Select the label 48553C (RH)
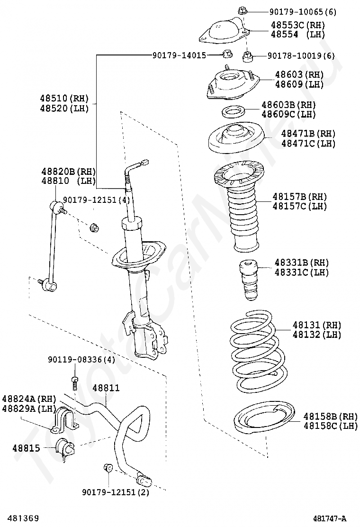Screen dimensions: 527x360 point(298,25)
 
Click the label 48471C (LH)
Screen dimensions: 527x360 point(308,143)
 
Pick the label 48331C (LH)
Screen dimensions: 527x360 point(301,273)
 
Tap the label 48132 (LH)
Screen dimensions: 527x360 point(316,335)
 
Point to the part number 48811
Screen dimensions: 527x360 point(106,388)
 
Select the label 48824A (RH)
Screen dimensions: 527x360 point(29,399)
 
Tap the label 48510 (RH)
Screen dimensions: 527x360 point(64,99)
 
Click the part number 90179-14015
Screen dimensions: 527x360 point(179,55)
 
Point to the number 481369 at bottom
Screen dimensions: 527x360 point(19,519)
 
